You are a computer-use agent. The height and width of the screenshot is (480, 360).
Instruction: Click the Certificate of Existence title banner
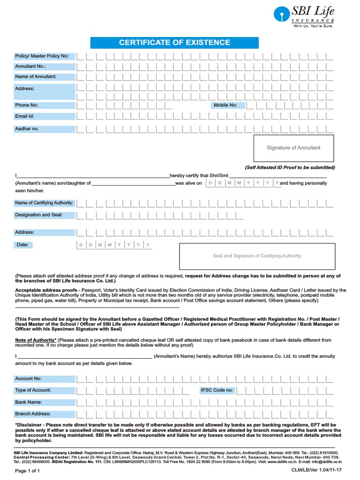coord(174,43)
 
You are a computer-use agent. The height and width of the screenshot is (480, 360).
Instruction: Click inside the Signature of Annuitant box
coord(293,148)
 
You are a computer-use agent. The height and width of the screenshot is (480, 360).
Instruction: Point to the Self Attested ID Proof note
coord(290,167)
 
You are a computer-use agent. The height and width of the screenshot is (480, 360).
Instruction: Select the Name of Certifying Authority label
coord(44,203)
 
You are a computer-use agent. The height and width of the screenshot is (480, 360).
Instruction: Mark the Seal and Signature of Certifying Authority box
coord(257,256)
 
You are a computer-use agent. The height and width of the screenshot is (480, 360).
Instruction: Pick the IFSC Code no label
coord(216,390)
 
